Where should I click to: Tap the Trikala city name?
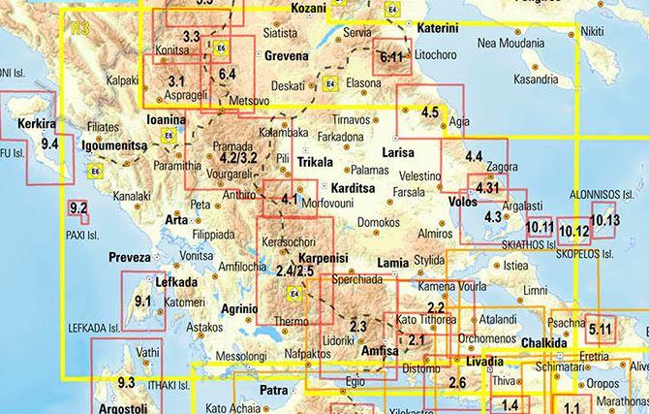pos(314,162)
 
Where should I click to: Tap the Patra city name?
pos(276,391)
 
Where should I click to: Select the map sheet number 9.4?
pos(50,144)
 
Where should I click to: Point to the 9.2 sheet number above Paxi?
pos(79,207)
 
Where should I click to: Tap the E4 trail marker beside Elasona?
pos(330,82)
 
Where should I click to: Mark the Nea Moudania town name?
pos(512,43)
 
